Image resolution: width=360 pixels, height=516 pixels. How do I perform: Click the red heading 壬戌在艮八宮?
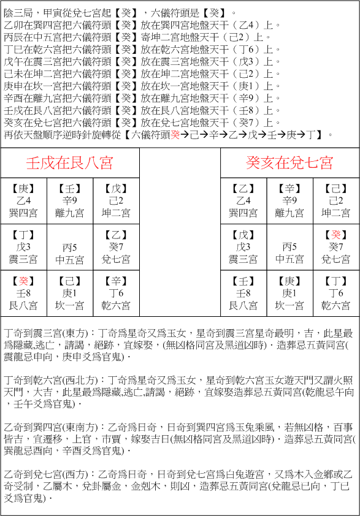click(x=70, y=163)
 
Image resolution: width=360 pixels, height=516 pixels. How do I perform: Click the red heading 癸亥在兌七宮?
click(x=289, y=163)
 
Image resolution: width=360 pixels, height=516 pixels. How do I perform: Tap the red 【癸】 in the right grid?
click(x=336, y=235)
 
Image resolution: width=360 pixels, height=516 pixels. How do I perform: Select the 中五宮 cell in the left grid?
click(x=70, y=259)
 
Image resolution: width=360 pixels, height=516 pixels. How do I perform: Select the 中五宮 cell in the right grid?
click(x=289, y=259)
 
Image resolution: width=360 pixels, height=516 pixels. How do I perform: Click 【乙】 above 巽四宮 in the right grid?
click(x=243, y=189)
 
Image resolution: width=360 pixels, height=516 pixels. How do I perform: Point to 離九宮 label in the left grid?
click(x=70, y=213)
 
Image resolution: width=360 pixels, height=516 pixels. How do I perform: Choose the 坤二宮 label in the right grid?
click(x=336, y=213)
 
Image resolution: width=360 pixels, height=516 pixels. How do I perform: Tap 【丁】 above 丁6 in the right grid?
click(x=336, y=281)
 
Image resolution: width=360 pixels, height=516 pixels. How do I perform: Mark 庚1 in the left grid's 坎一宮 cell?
click(x=70, y=293)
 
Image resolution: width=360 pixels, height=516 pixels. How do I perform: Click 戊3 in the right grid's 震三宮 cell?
click(x=243, y=246)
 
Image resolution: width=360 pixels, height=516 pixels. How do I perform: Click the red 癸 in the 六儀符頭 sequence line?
click(x=175, y=134)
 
